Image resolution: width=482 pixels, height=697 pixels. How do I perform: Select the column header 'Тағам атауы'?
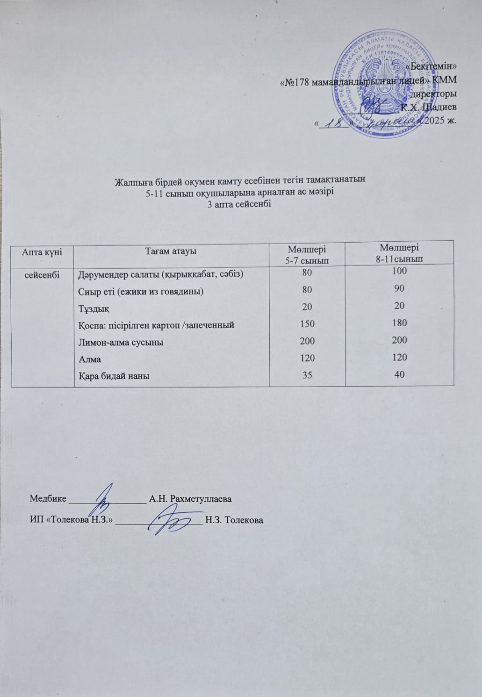(172, 251)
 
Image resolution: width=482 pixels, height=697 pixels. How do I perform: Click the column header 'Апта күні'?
(43, 251)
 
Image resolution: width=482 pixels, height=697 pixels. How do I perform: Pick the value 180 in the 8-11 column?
(400, 323)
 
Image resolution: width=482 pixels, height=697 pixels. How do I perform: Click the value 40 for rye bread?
(400, 374)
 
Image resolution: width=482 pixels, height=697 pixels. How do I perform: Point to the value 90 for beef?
(400, 288)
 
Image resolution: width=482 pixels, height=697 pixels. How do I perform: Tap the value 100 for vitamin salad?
(400, 271)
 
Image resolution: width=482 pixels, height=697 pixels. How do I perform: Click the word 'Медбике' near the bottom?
(48, 498)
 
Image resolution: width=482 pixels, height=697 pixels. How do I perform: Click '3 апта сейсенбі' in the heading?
(240, 203)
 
